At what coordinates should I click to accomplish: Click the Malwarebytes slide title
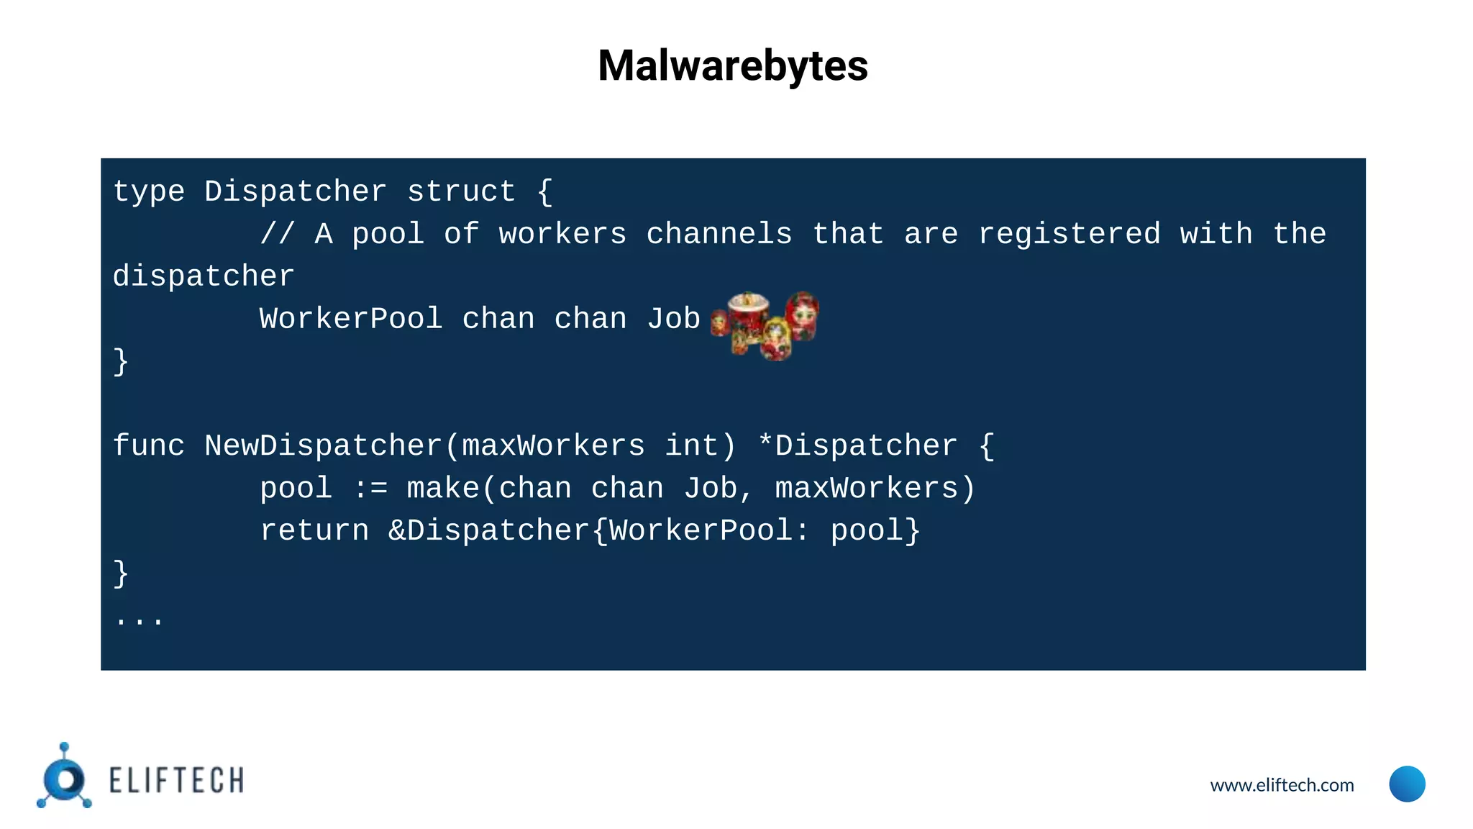pyautogui.click(x=732, y=65)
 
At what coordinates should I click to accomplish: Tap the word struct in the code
pyautogui.click(x=461, y=192)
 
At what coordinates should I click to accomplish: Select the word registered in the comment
pyautogui.click(x=1069, y=235)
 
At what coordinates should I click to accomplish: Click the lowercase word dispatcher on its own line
pyautogui.click(x=204, y=277)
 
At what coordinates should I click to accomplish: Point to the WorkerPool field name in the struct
pyautogui.click(x=351, y=320)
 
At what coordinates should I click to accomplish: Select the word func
pyautogui.click(x=149, y=446)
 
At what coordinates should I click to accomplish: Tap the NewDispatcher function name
pyautogui.click(x=323, y=446)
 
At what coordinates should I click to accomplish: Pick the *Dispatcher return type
pyautogui.click(x=857, y=446)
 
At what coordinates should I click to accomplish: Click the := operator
pyautogui.click(x=370, y=489)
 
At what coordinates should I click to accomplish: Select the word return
pyautogui.click(x=314, y=531)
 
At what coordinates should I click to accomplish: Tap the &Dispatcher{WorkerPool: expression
pyautogui.click(x=598, y=531)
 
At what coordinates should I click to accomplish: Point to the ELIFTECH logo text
pyautogui.click(x=176, y=781)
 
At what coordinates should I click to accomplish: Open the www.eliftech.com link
pyautogui.click(x=1282, y=785)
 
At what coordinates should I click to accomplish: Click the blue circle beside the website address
pyautogui.click(x=1407, y=784)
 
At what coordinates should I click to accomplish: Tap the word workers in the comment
pyautogui.click(x=562, y=235)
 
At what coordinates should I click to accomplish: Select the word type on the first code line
pyautogui.click(x=149, y=192)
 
